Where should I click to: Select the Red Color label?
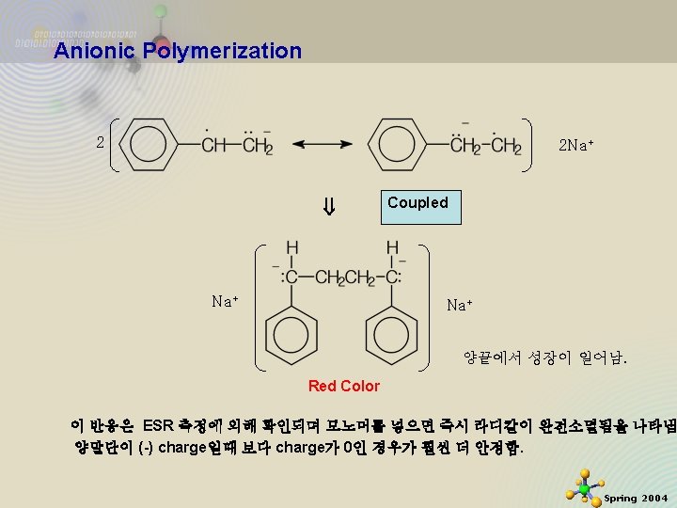click(x=344, y=386)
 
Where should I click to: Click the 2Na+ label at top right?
click(x=576, y=146)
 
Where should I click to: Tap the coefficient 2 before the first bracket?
click(x=100, y=143)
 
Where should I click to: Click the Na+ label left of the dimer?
click(x=226, y=301)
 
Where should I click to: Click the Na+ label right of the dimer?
click(x=460, y=305)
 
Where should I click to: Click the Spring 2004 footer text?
click(x=636, y=498)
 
